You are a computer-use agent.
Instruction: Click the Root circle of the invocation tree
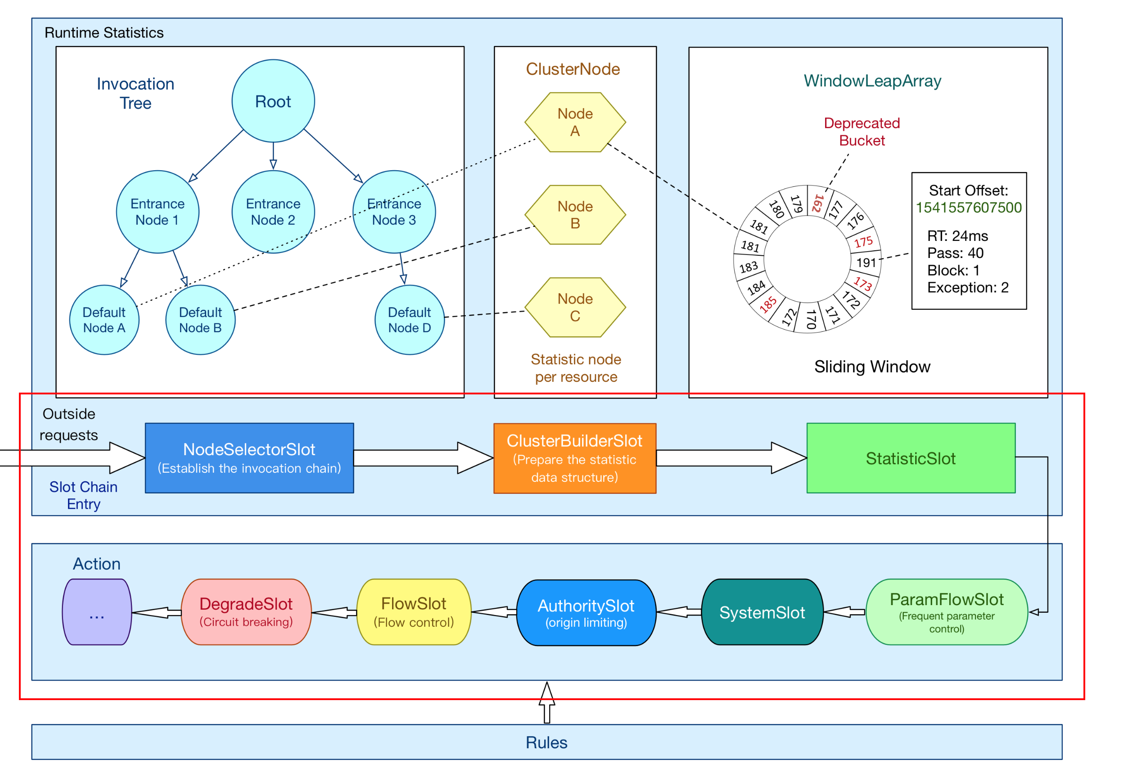coord(273,101)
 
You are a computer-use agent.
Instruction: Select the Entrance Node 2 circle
coord(273,212)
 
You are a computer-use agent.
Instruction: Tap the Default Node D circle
coord(409,320)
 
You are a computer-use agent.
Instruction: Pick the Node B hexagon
coord(575,214)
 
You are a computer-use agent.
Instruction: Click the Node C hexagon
coord(575,307)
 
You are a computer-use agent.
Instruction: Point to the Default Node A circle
coord(104,320)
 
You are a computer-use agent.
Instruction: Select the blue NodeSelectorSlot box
coord(249,458)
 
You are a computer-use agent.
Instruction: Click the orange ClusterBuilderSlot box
coord(574,458)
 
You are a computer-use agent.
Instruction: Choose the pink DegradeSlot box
coord(246,612)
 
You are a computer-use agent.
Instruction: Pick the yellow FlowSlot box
coord(414,612)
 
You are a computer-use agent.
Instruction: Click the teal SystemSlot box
coord(762,612)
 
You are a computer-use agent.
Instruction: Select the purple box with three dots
coord(97,612)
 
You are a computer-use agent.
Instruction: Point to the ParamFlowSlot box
coord(946,612)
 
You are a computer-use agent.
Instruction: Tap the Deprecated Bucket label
coord(862,131)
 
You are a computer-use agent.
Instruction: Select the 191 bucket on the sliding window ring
coord(866,263)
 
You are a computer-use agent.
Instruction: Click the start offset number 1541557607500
coord(968,208)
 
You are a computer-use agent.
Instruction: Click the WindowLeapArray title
coord(872,81)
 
